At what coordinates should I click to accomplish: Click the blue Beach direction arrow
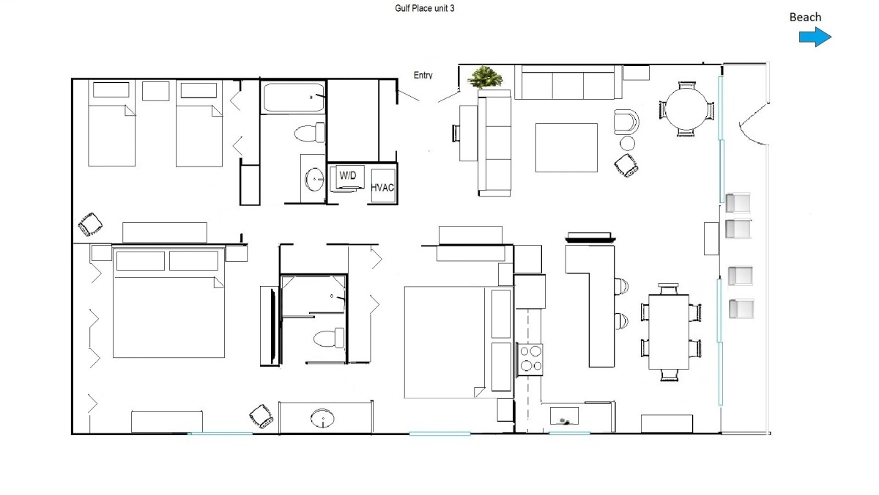click(x=815, y=37)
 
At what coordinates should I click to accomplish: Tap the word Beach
click(x=805, y=18)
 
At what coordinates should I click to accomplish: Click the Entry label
click(x=423, y=75)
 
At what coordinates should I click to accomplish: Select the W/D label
click(x=348, y=175)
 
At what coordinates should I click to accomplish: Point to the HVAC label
click(x=382, y=188)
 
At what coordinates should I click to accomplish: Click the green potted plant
click(x=485, y=77)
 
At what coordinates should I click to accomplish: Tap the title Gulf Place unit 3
click(x=425, y=8)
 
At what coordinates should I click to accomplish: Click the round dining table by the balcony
click(x=686, y=109)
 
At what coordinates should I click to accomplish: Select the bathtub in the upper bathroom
click(x=293, y=98)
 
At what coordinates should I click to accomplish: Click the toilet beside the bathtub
click(x=310, y=133)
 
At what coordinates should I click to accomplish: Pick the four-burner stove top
click(x=530, y=359)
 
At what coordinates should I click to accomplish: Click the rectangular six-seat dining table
click(x=669, y=332)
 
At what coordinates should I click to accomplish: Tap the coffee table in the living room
click(x=566, y=147)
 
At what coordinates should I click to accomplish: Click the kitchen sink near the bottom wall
click(x=564, y=416)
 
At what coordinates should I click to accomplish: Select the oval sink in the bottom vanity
click(x=322, y=418)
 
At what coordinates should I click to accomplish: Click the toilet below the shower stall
click(x=329, y=338)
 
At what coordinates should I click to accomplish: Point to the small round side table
click(x=627, y=144)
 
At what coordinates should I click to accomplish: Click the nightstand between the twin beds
click(x=155, y=91)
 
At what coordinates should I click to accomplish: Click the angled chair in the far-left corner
click(x=90, y=224)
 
